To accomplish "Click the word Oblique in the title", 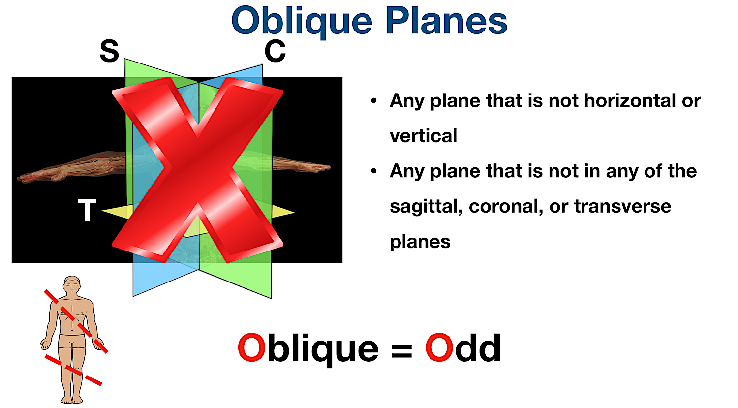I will [x=302, y=22].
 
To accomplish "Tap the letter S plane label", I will [x=109, y=51].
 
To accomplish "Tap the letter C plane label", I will [x=275, y=51].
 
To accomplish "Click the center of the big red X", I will [x=198, y=170].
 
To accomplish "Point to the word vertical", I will [x=423, y=136].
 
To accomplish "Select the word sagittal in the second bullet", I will [x=426, y=207].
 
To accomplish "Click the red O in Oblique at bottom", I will [x=251, y=348].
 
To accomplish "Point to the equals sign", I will [x=402, y=350].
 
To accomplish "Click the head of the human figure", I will [x=72, y=285].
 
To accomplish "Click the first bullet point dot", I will [x=374, y=101].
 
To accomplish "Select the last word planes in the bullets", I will [x=420, y=242].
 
